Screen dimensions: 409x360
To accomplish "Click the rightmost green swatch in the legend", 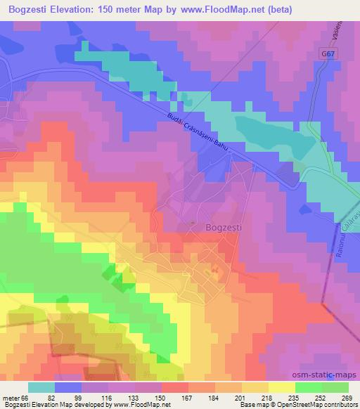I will (335, 387).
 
